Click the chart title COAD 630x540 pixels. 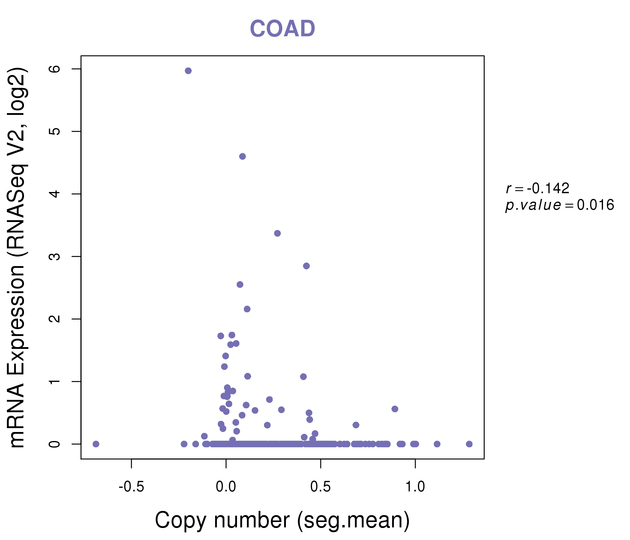[282, 29]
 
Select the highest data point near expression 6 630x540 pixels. [188, 71]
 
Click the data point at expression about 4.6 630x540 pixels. [242, 157]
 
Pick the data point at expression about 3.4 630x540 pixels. [277, 233]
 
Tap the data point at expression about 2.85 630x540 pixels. [306, 266]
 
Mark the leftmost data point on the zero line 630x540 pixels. [96, 444]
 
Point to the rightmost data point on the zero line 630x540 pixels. [469, 444]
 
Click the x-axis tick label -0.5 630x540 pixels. [131, 487]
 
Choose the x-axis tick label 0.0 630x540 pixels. [226, 487]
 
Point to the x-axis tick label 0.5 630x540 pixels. [320, 487]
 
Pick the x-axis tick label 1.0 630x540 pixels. [415, 487]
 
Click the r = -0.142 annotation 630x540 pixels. [538, 189]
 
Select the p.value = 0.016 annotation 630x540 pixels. [559, 205]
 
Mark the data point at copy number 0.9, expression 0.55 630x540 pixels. [395, 409]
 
